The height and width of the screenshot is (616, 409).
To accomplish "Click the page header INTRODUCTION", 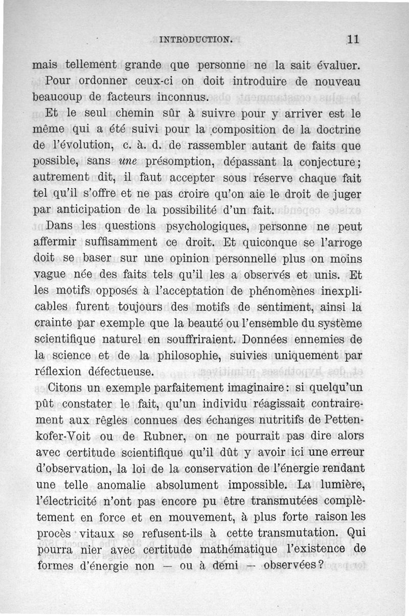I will pos(196,38).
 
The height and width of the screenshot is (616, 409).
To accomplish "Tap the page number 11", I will pos(353,38).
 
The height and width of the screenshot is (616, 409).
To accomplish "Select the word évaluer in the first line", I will pos(336,66).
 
